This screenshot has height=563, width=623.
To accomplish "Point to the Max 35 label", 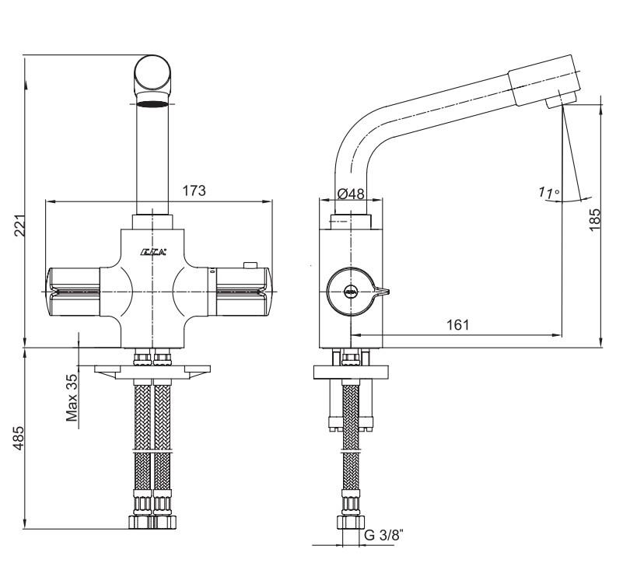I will coord(72,397).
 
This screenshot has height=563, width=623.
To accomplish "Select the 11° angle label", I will coord(548,192).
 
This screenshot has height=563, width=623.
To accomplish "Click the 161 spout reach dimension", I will coord(457,324).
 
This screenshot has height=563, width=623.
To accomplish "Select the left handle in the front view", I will coord(74,290).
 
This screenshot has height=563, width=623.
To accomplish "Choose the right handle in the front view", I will coord(242,290).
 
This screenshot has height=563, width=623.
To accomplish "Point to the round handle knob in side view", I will coord(351,292).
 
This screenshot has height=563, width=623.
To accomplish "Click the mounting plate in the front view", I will coord(152,370).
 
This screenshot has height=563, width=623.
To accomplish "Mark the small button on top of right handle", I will coord(250,266).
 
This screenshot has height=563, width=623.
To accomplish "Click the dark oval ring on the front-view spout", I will coord(153,104).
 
